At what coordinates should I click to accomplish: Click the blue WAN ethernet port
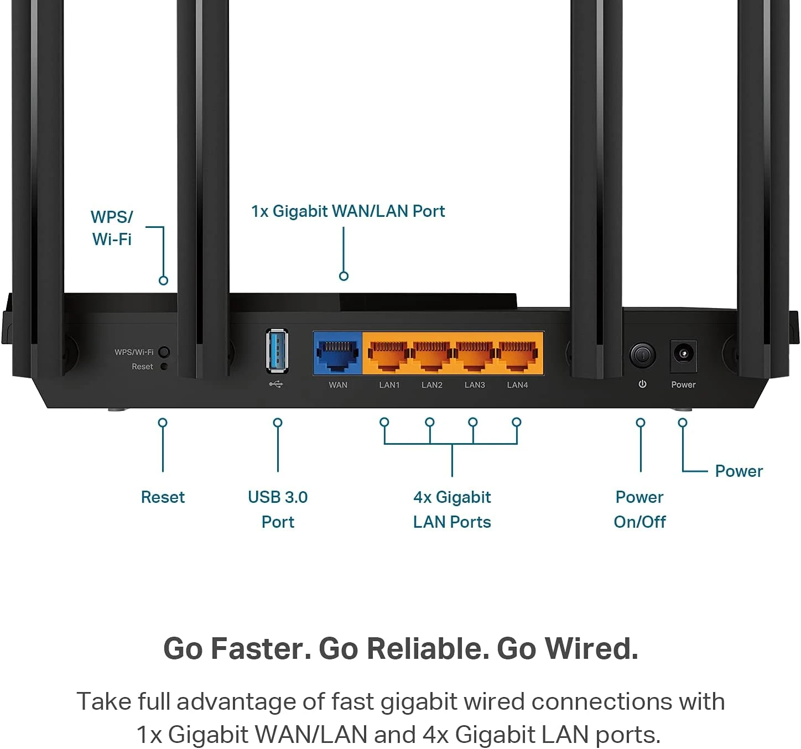[337, 354]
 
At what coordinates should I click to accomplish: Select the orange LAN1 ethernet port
[388, 354]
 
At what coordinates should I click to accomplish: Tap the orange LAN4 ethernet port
[517, 354]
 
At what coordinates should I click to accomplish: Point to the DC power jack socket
[683, 353]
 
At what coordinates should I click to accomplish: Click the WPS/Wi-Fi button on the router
[164, 352]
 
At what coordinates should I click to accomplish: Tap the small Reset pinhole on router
[164, 366]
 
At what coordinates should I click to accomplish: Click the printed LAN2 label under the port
[432, 385]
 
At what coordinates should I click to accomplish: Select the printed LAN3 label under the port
[475, 385]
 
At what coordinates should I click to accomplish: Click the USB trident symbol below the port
[276, 384]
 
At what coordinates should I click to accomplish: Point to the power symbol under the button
[642, 384]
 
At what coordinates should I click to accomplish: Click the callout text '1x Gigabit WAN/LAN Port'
[348, 211]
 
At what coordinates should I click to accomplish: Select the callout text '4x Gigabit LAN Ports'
[452, 509]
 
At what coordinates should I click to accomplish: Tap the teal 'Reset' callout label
[163, 497]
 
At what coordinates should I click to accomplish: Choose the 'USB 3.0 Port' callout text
[278, 509]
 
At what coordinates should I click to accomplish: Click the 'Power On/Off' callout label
[639, 509]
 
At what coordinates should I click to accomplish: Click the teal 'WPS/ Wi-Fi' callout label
[112, 228]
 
